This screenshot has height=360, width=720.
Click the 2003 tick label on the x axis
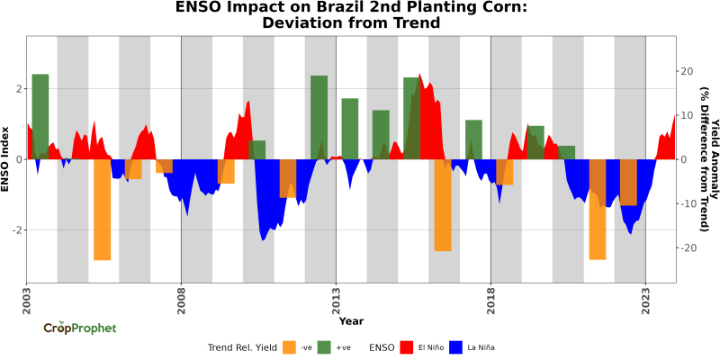click(26, 297)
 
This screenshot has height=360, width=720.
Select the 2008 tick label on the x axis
click(181, 297)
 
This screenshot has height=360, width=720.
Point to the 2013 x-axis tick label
click(336, 297)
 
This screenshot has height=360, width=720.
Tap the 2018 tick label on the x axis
click(490, 297)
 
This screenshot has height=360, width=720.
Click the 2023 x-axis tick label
click(645, 297)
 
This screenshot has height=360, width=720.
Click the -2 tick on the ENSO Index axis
click(17, 229)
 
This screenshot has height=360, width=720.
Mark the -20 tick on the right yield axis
click(687, 247)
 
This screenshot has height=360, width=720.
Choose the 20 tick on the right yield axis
click(686, 71)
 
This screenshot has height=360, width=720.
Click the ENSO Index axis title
click(6, 158)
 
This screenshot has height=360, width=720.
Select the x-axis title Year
click(351, 320)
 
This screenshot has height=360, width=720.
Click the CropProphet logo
click(80, 328)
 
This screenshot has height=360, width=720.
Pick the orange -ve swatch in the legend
click(289, 346)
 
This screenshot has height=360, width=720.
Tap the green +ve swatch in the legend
click(325, 346)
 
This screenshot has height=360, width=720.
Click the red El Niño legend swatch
click(406, 346)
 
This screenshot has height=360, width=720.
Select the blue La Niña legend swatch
click(455, 346)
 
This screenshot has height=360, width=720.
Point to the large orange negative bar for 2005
click(102, 209)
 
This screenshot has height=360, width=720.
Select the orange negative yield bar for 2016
click(443, 204)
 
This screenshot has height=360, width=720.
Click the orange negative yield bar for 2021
click(598, 209)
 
